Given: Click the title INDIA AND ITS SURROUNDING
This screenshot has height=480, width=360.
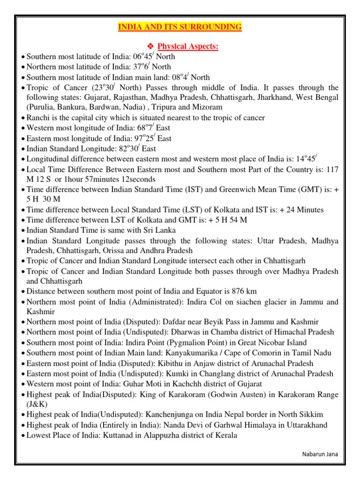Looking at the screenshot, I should point(180,27).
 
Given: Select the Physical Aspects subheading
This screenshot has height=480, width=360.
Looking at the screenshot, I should point(188,46).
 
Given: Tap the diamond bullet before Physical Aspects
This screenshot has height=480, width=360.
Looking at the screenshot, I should point(150,46).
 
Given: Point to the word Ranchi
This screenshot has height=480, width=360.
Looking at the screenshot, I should point(38,118).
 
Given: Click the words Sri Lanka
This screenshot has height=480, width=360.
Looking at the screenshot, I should point(159,230).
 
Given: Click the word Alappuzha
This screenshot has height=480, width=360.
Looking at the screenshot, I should point(161,435).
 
